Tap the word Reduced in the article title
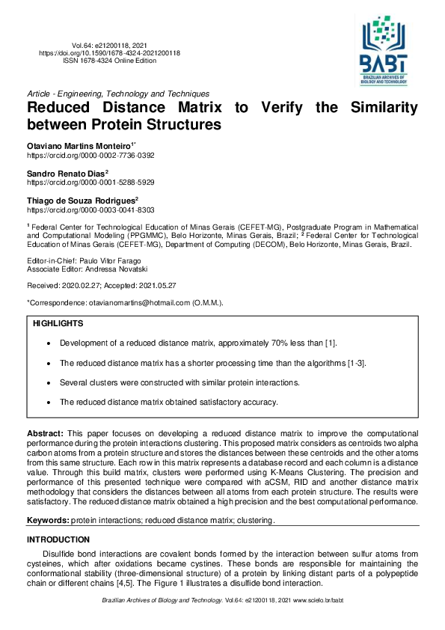(x=63, y=108)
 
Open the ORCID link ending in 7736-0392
(x=90, y=155)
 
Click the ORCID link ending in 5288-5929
(x=90, y=183)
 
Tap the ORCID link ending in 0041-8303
(x=90, y=211)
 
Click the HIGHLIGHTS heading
(x=58, y=324)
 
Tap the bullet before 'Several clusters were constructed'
(x=49, y=382)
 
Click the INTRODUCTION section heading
(x=58, y=539)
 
